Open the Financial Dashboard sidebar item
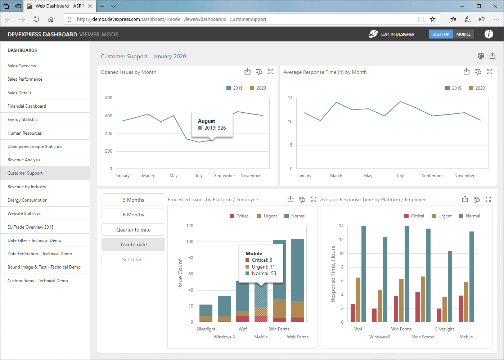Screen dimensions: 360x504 27,106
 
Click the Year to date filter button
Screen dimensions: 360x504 133,244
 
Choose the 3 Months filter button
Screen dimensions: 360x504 133,200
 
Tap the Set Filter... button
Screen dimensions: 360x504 133,260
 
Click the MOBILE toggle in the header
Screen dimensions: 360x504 463,34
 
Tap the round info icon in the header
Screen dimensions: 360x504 489,34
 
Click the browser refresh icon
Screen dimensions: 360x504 36,19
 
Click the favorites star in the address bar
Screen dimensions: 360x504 433,19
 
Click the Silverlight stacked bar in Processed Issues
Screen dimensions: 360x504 206,313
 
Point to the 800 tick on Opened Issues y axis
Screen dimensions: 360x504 109,98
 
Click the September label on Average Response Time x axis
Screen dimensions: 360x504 432,176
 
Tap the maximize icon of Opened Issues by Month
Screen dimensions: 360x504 271,72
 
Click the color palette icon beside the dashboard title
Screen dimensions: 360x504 481,56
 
